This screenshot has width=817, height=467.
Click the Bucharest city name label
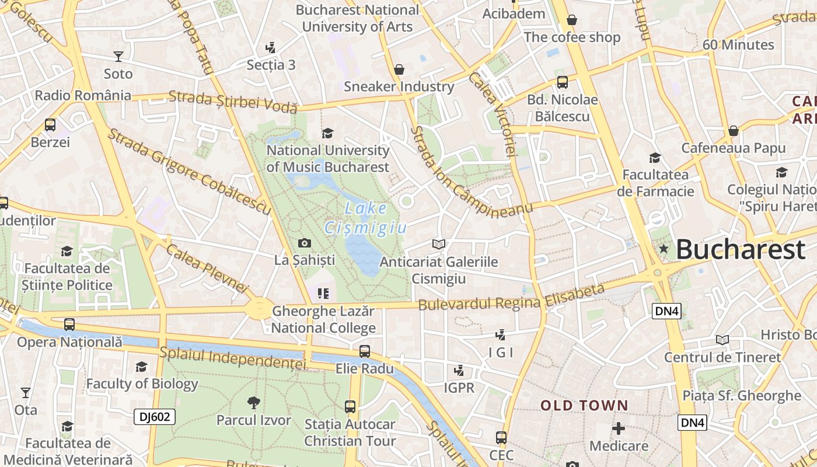point(741,250)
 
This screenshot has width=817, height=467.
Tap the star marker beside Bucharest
point(663,249)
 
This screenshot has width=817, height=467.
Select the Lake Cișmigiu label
point(365,218)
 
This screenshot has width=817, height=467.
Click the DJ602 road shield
point(155,417)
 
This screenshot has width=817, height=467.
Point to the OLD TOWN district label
point(584,405)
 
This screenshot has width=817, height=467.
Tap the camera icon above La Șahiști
point(304,243)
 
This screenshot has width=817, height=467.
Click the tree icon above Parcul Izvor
point(253,402)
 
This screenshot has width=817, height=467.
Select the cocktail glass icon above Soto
point(118,57)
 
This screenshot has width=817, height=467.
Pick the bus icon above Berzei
point(50,124)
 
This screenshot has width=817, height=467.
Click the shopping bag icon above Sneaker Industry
point(399,69)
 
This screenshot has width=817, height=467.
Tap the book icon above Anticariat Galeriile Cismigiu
point(439,244)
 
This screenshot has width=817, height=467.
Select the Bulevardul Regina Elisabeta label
point(512,298)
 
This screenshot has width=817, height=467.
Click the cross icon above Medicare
point(619,429)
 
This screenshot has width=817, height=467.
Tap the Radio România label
point(83,95)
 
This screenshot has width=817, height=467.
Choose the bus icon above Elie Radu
point(365,351)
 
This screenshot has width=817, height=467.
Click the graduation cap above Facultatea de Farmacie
point(655,158)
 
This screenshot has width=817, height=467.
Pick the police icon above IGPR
point(459,370)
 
